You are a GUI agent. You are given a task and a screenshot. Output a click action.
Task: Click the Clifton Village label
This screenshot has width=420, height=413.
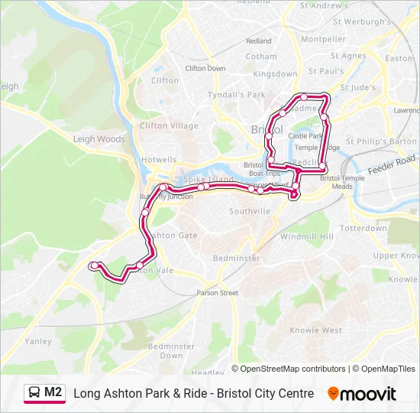[169, 126]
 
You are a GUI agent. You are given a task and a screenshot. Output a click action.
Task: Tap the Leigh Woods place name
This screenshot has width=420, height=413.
[99, 139]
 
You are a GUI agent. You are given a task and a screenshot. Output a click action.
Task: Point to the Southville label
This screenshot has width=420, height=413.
[250, 210]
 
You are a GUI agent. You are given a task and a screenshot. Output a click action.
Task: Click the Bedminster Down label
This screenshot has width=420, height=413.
[171, 350]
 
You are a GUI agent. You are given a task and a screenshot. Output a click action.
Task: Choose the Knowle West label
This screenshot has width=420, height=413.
[316, 330]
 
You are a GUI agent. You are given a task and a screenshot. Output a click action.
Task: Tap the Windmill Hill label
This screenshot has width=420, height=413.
[307, 237]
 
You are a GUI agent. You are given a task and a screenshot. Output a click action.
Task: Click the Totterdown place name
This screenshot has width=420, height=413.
[363, 229]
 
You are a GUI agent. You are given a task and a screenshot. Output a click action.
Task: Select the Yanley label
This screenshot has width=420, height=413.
[39, 342]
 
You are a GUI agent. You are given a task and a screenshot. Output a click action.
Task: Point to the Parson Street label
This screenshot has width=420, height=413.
[218, 292]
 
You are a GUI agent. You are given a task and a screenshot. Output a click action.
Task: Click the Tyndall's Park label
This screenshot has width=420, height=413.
[237, 95]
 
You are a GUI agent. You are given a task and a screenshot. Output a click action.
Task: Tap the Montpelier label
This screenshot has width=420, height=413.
[323, 39]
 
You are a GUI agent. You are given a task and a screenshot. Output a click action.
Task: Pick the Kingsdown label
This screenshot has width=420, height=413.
[275, 74]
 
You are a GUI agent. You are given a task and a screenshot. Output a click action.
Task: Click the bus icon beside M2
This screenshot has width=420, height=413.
[35, 393]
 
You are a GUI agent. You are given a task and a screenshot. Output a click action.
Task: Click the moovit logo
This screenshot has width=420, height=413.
[362, 394]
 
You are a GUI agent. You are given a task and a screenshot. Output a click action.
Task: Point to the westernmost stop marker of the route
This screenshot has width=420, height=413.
[94, 265]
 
